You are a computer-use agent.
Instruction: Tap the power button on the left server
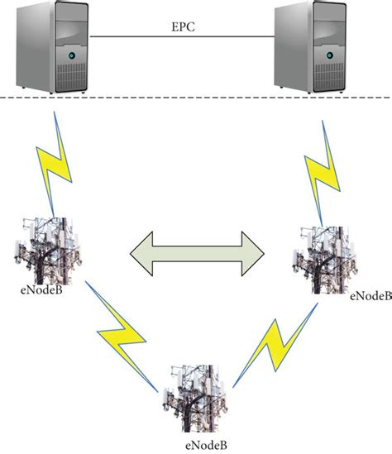(x=71, y=56)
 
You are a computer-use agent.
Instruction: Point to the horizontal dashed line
(x=196, y=100)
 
